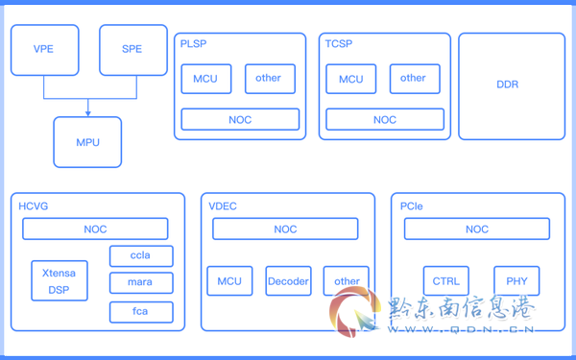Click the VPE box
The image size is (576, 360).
45,50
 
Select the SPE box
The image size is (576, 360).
133,50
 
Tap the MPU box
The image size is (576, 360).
87,142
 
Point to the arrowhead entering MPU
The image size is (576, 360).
87,113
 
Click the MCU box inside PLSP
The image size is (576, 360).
206,79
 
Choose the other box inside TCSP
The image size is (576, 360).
415,79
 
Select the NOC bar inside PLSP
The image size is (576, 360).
240,119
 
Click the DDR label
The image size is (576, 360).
507,84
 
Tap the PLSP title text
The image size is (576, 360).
193,44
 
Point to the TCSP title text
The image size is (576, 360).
339,44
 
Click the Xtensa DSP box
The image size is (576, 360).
60,280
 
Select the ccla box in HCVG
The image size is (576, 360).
141,255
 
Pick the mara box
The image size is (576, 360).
141,282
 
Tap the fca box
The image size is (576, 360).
141,312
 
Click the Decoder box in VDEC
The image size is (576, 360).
288,281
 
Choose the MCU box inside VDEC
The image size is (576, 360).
229,281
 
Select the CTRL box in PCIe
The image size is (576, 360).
446,281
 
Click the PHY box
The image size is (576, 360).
516,281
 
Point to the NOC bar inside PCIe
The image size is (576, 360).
477,228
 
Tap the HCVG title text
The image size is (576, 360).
33,206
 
